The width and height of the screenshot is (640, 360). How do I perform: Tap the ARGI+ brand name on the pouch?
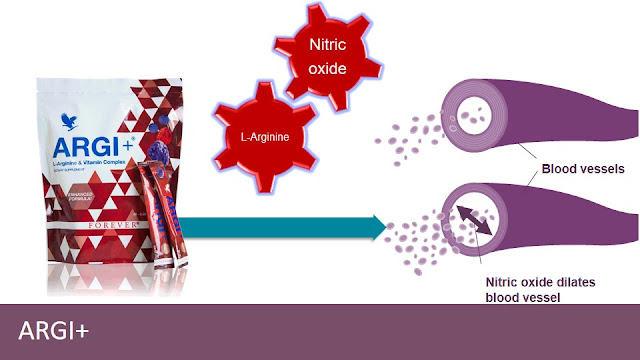point(83,153)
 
